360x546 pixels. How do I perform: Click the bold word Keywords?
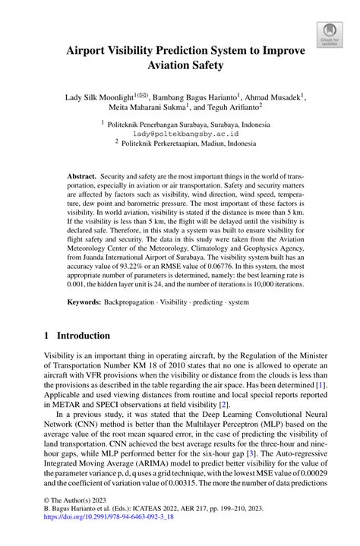[x=84, y=302]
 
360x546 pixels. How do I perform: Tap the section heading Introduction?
[x=80, y=336]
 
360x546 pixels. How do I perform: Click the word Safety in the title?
[x=201, y=65]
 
